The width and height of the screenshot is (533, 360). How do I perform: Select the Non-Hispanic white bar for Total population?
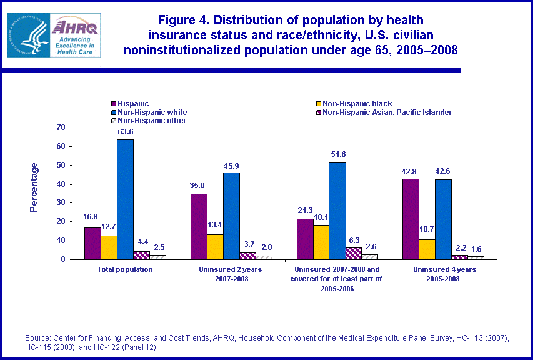[x=125, y=199]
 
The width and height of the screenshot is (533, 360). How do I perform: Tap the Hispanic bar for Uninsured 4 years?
[x=411, y=219]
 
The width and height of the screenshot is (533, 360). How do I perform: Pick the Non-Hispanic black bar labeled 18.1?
[x=321, y=242]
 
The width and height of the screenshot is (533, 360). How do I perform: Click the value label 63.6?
[x=126, y=132]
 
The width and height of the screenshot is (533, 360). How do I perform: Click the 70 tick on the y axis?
[x=61, y=127]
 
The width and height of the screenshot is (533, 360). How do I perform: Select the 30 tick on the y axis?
[x=61, y=202]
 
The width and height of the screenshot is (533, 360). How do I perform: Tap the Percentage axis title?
[x=34, y=187]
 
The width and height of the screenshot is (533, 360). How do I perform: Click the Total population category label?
[x=126, y=269]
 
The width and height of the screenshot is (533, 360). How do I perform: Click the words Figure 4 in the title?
[x=183, y=20]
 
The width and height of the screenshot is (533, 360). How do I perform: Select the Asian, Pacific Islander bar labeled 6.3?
[x=353, y=253]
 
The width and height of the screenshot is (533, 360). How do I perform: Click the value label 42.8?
[x=411, y=171]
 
